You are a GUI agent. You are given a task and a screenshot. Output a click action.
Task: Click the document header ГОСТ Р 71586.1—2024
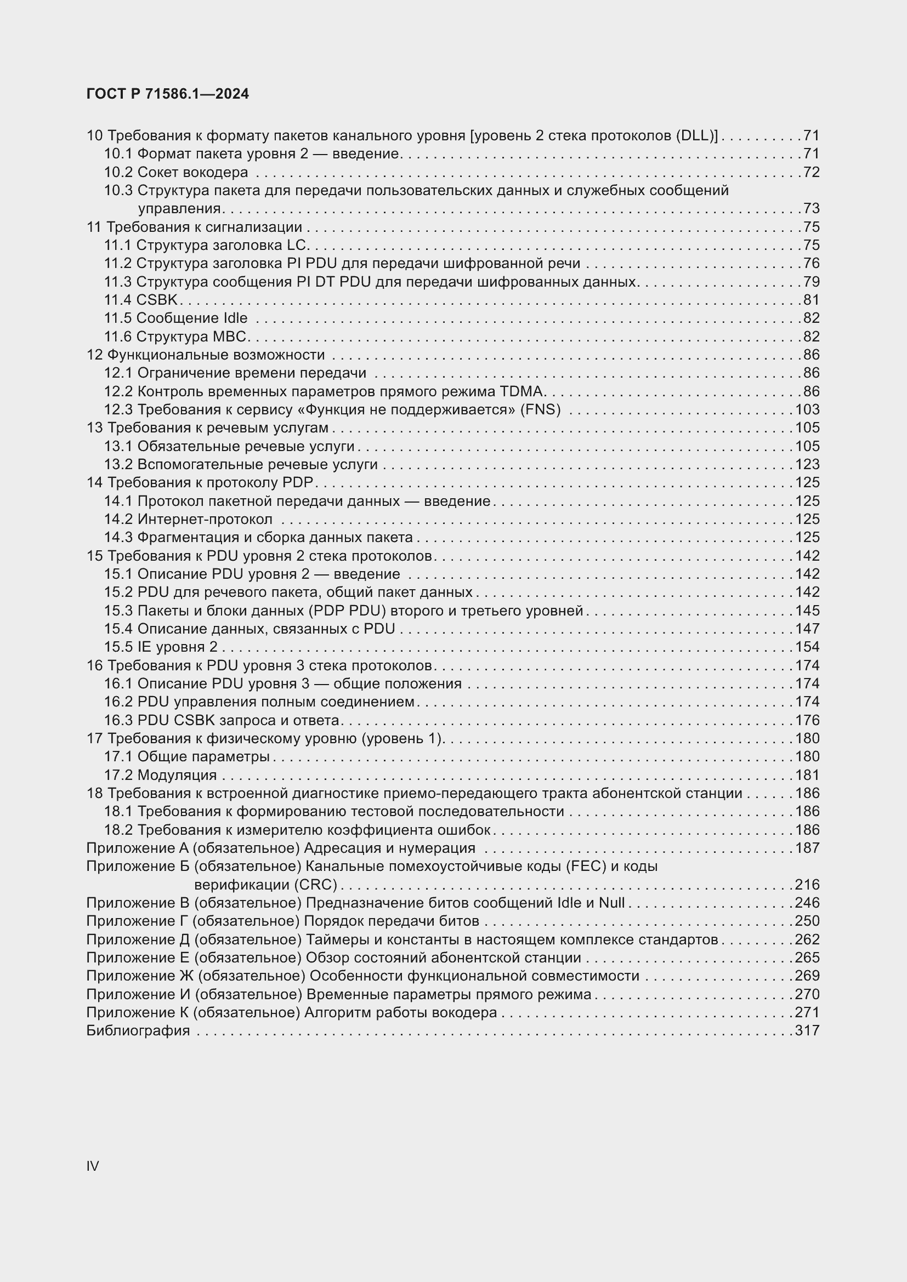pos(168,94)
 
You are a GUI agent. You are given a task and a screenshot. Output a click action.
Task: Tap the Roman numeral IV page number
pos(93,1166)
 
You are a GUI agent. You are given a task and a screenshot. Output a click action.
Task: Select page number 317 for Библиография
pos(807,1031)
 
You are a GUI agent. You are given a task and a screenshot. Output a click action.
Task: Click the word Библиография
pos(138,1031)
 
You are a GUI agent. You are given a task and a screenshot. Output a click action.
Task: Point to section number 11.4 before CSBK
pos(118,300)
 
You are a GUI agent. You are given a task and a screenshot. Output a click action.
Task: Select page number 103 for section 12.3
pos(807,409)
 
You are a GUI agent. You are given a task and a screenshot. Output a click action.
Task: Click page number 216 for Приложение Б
pos(807,885)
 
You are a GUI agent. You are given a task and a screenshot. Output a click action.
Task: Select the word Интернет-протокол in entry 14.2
pos(205,519)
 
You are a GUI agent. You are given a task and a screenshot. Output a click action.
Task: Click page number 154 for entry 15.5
pos(807,647)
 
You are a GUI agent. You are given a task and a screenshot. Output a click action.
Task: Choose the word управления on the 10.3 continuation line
pos(179,209)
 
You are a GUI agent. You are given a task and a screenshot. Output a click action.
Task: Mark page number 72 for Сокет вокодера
pos(811,172)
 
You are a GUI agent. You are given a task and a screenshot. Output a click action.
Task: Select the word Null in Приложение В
pos(611,903)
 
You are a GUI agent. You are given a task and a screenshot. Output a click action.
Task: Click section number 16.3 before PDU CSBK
pos(118,720)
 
